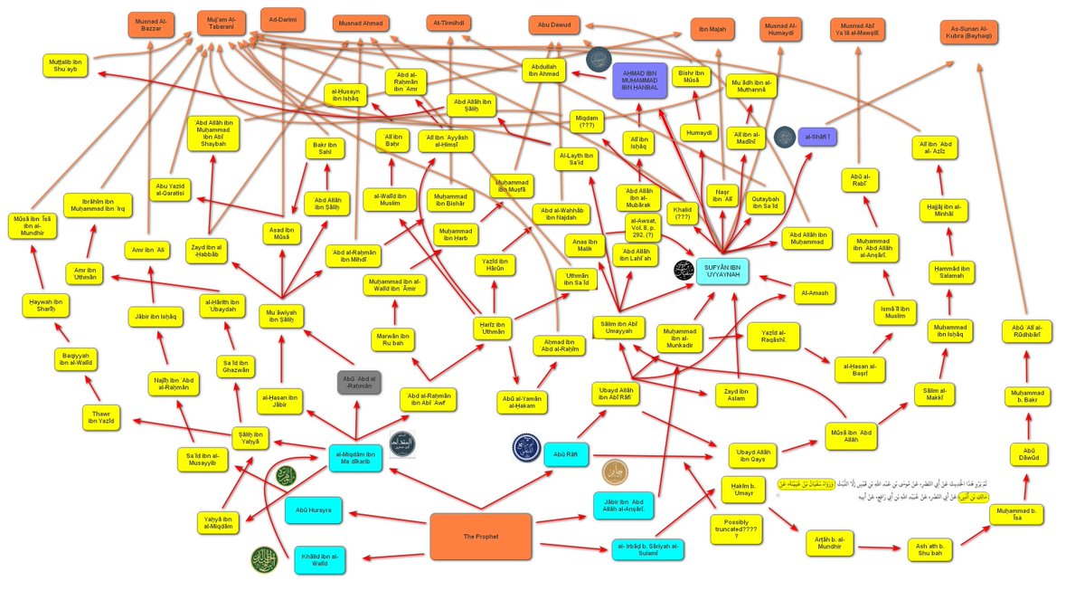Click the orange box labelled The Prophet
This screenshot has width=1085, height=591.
(x=480, y=536)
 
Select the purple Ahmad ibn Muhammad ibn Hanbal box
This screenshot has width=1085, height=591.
(x=639, y=80)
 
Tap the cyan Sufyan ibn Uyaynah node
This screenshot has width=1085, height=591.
(x=722, y=270)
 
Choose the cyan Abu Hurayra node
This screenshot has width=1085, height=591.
(x=313, y=510)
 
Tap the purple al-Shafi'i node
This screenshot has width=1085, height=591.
(x=817, y=138)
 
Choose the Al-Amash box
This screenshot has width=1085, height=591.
(x=813, y=294)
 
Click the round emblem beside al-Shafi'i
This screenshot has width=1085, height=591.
(x=785, y=138)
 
